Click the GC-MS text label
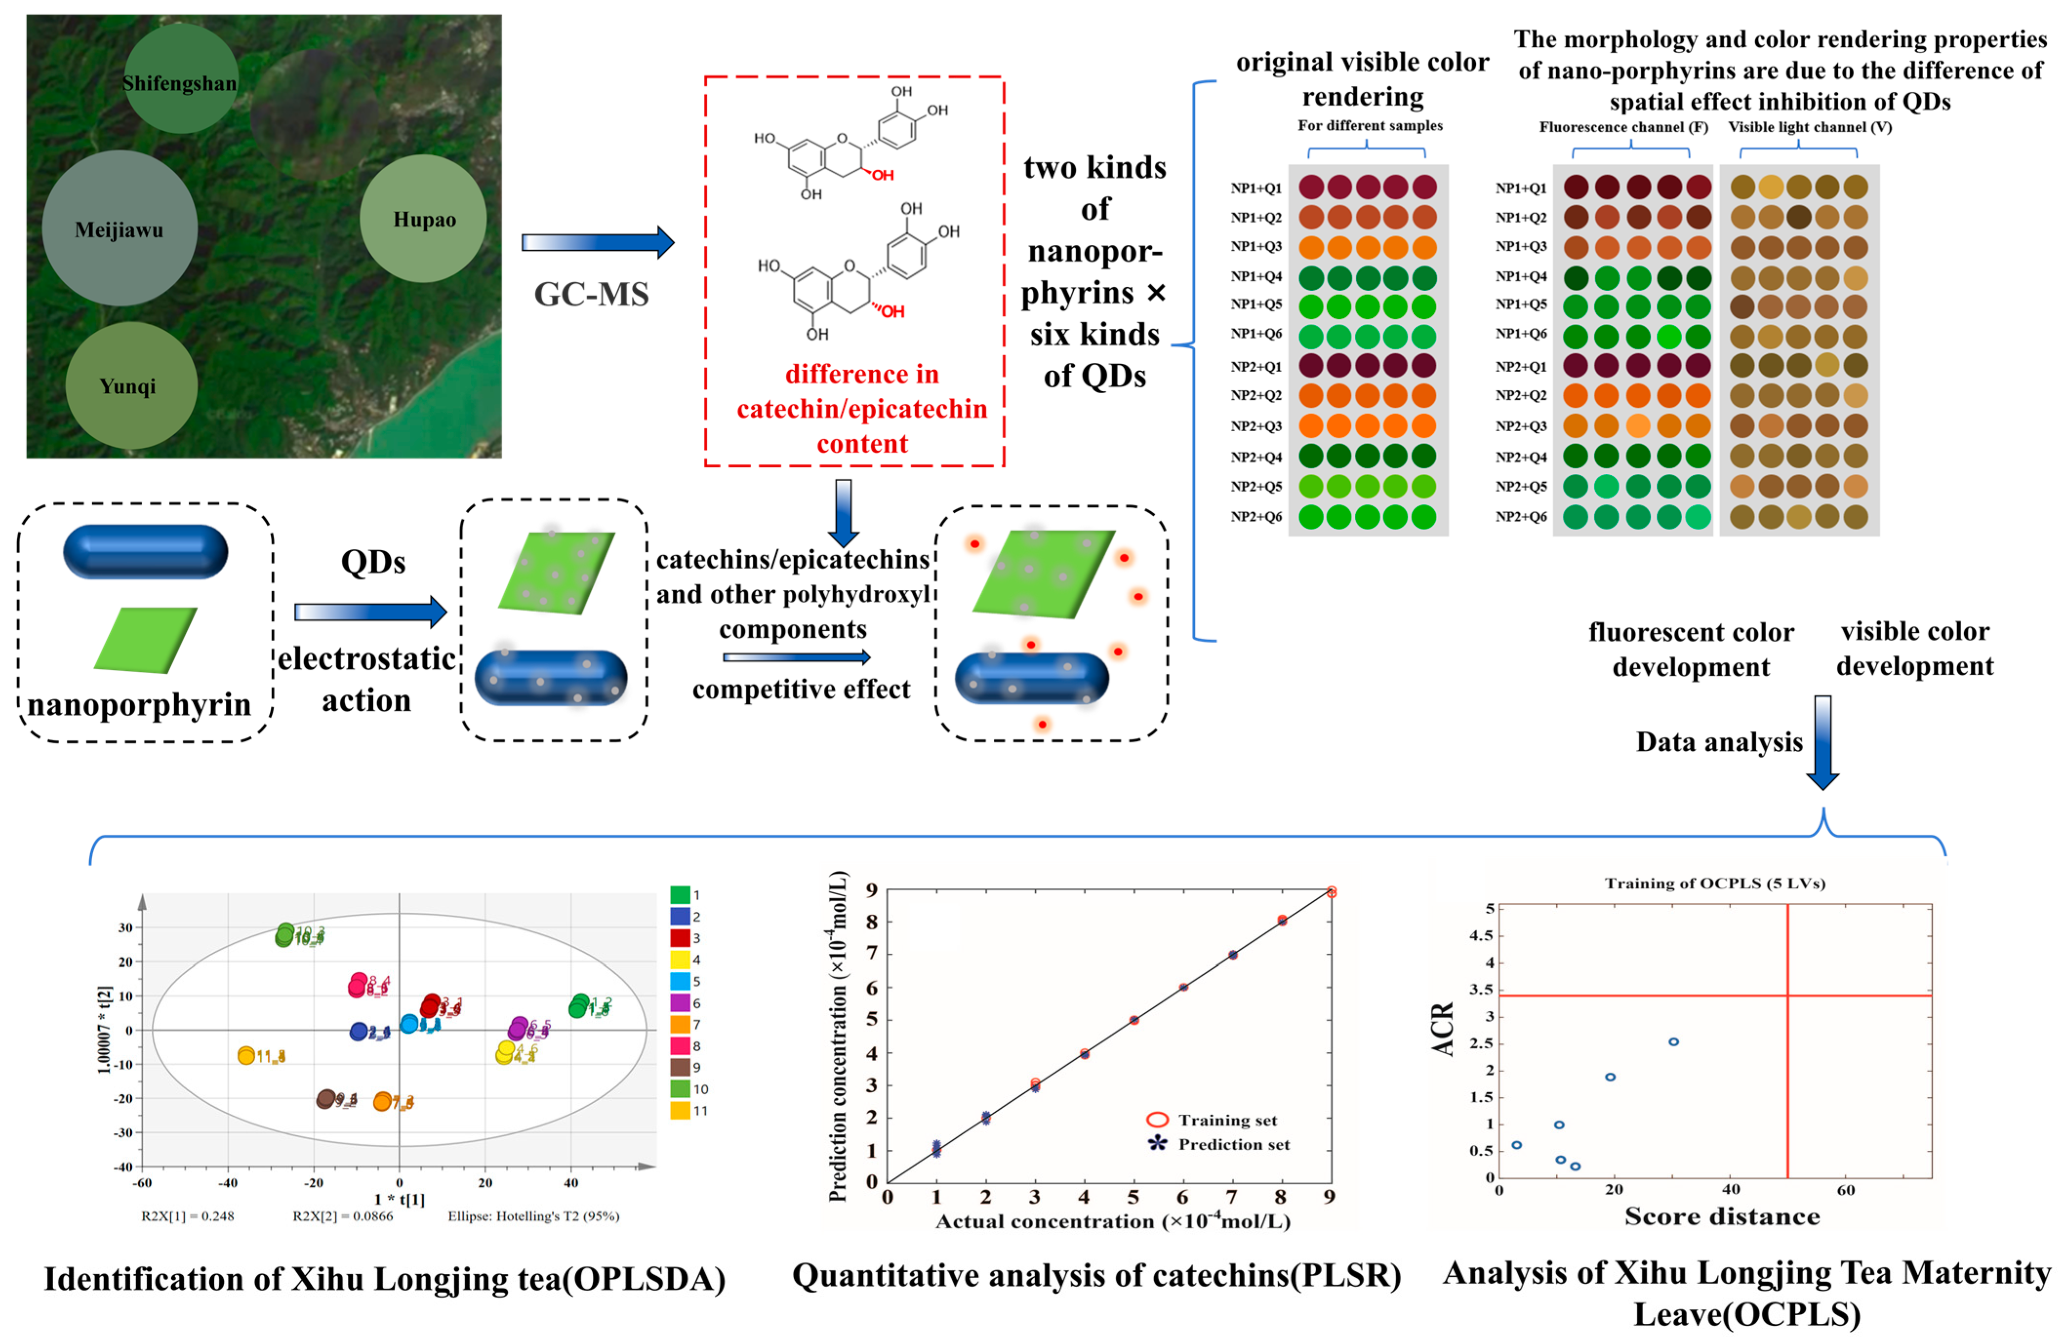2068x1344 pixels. point(591,295)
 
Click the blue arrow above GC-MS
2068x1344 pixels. point(597,242)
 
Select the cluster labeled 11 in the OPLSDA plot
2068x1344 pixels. point(248,1056)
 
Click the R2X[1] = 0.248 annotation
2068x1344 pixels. point(188,1215)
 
